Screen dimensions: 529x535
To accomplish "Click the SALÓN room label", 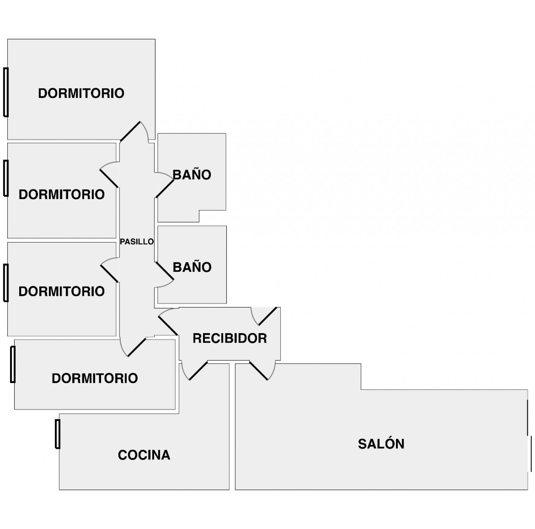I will click(381, 444).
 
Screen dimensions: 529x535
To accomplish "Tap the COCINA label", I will click(144, 455).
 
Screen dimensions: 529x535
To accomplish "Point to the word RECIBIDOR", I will click(230, 339).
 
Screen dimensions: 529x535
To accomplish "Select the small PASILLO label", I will click(137, 242).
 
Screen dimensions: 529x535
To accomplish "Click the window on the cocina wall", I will click(58, 434).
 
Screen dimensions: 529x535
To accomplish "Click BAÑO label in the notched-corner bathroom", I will click(192, 175).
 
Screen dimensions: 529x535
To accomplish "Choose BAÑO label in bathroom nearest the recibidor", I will click(192, 267).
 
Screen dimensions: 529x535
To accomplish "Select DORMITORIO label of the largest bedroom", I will click(81, 93).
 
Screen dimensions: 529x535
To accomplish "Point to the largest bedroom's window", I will click(6, 92).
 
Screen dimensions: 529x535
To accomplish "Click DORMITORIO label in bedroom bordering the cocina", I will click(95, 378).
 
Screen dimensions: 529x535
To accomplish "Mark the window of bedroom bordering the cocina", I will click(13, 364).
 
